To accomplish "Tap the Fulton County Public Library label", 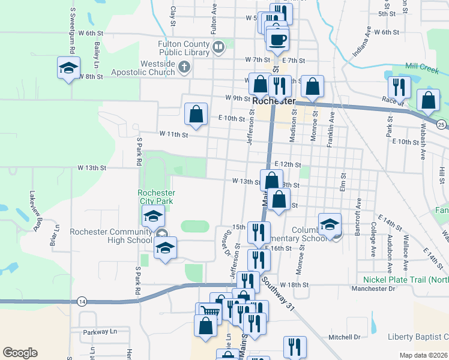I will [184, 48].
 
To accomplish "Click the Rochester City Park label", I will [157, 197].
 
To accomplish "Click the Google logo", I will [20, 353].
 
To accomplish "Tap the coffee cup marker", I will [277, 40].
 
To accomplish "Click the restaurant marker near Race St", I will [399, 87].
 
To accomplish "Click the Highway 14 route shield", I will [82, 301].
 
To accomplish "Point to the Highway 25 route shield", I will [441, 124].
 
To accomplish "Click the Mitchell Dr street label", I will [344, 337].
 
